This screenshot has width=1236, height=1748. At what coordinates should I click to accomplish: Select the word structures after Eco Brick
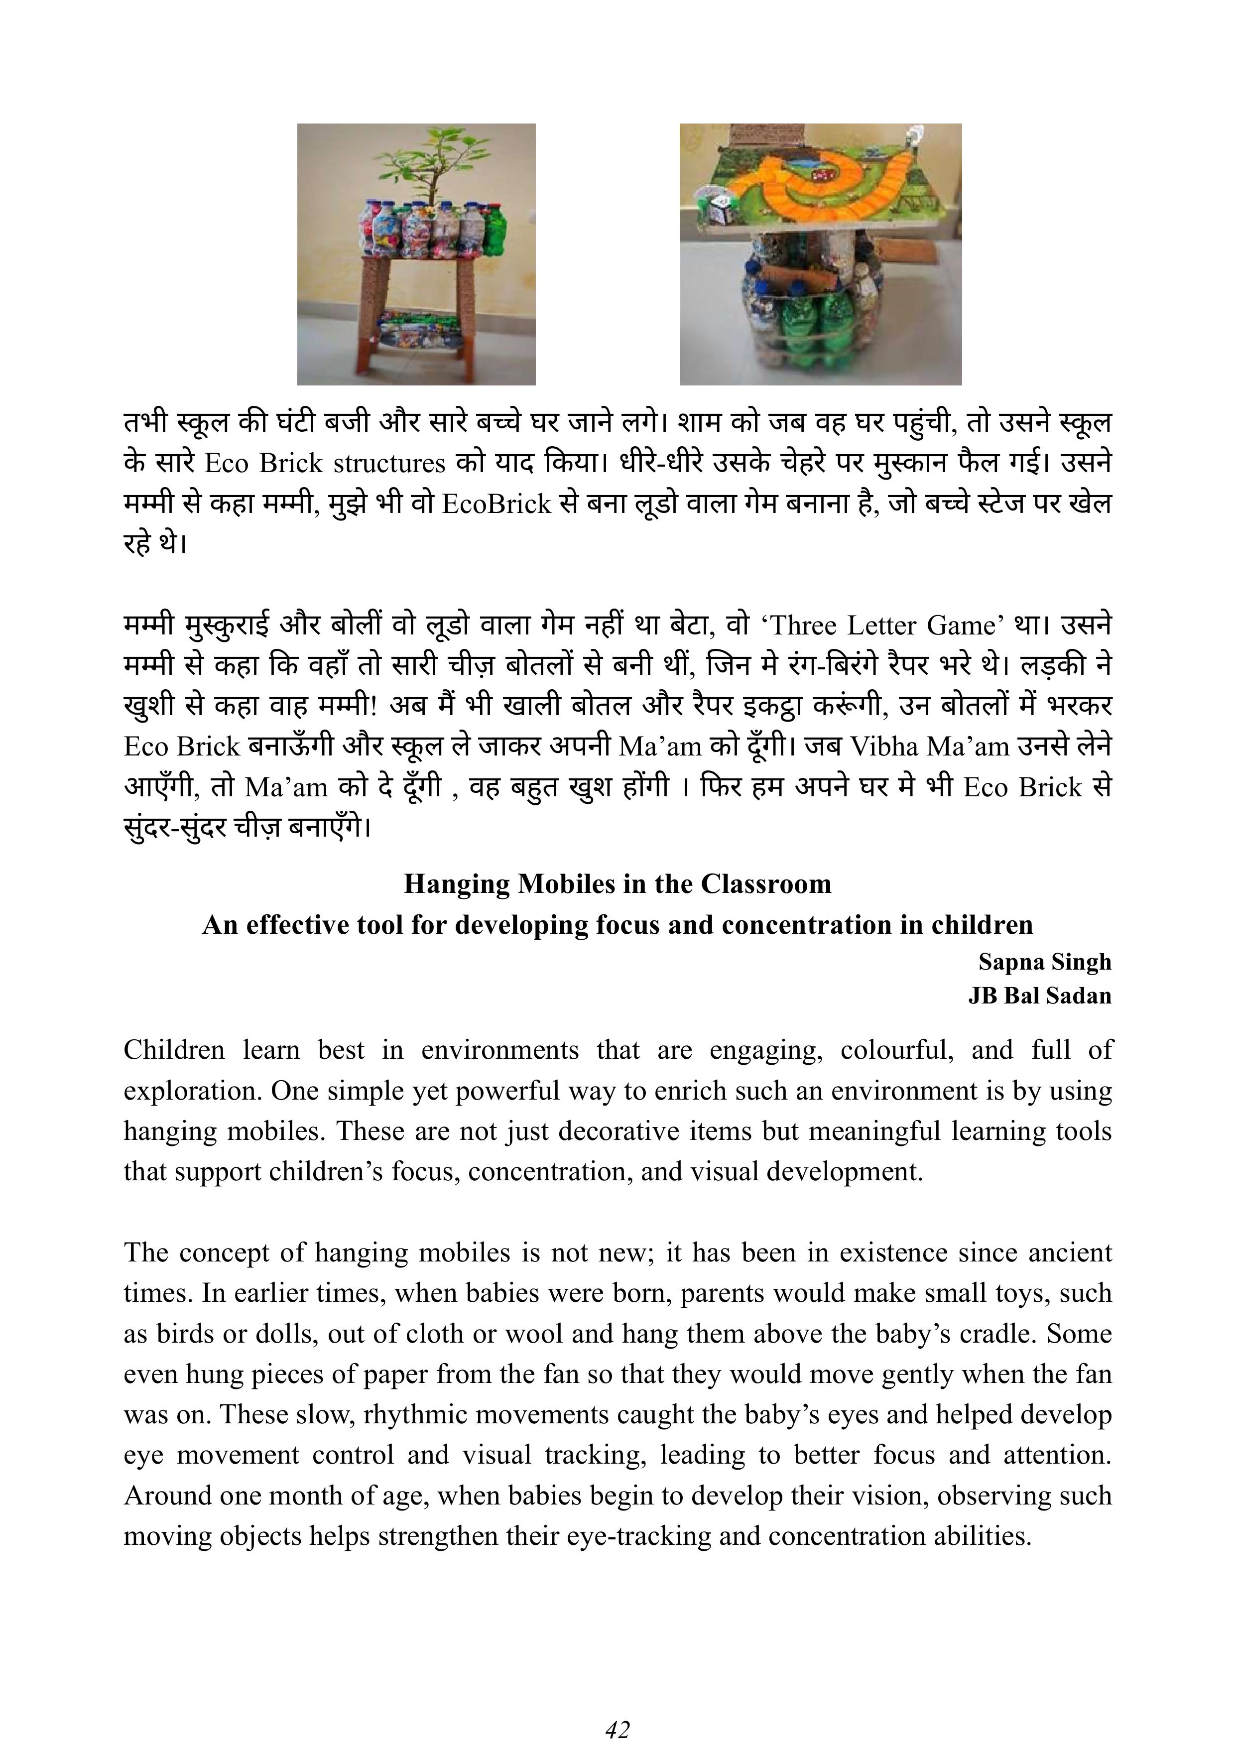(389, 464)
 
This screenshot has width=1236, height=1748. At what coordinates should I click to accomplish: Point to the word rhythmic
(409, 1414)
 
